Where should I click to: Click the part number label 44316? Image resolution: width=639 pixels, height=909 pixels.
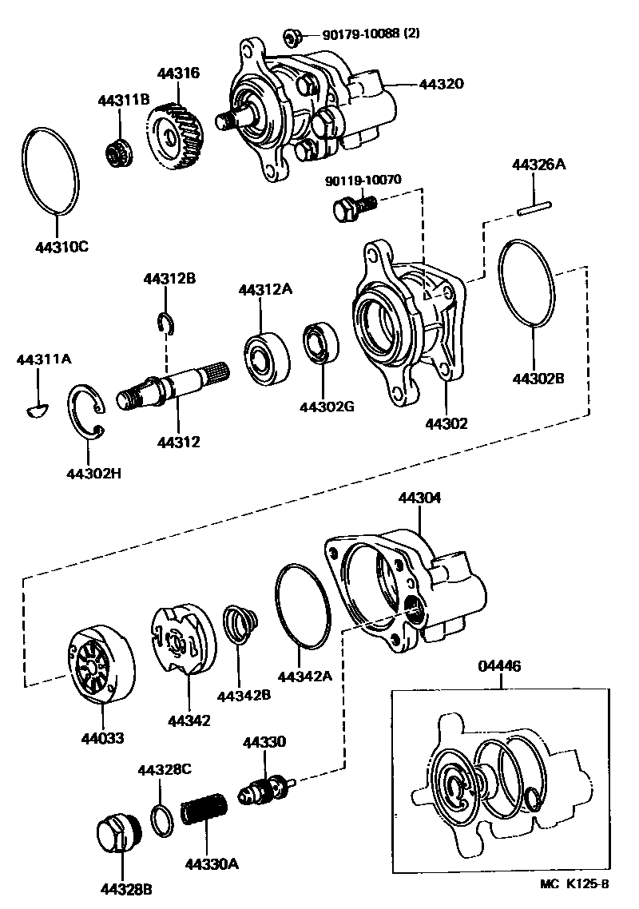pyautogui.click(x=179, y=73)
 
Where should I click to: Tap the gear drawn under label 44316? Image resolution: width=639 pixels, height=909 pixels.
pyautogui.click(x=172, y=137)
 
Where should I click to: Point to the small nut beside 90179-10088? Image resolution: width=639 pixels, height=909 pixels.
pyautogui.click(x=291, y=37)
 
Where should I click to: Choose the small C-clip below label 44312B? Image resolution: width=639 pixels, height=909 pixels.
pyautogui.click(x=166, y=323)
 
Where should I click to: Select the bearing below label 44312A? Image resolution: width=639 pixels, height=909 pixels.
pyautogui.click(x=266, y=357)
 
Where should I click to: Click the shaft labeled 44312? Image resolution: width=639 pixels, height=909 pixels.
pyautogui.click(x=173, y=388)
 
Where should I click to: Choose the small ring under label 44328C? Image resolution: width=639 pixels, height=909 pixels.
pyautogui.click(x=161, y=820)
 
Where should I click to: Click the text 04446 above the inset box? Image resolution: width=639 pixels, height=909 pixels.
pyautogui.click(x=499, y=665)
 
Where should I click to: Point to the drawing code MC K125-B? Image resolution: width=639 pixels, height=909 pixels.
pyautogui.click(x=574, y=885)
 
